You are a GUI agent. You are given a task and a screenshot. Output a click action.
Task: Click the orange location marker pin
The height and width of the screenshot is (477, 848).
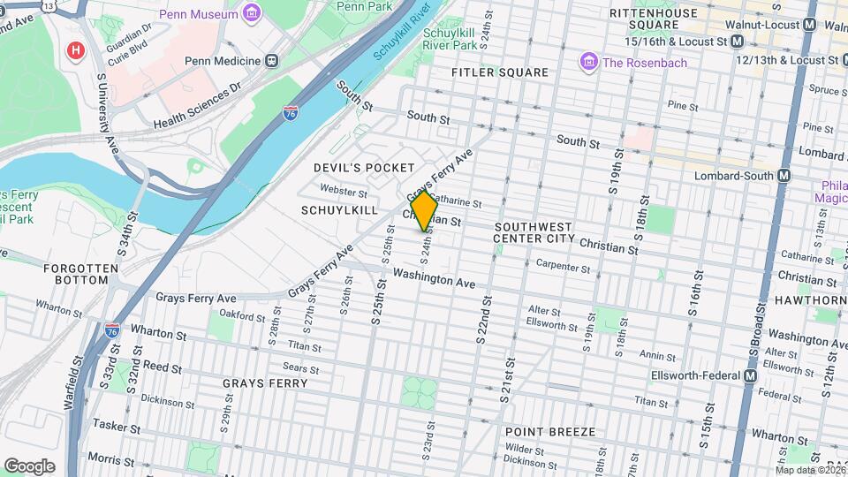(425, 211)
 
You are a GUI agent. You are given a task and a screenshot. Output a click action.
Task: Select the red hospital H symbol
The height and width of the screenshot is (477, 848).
(77, 50)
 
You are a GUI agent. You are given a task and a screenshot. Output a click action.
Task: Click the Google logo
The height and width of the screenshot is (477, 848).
(29, 466)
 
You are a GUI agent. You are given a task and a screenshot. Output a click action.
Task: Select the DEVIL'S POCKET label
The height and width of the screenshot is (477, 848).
(364, 168)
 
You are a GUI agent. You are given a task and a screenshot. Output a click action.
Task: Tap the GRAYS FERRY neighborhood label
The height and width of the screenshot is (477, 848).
(265, 383)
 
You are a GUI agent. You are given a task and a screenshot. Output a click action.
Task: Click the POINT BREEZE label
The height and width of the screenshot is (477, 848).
(549, 432)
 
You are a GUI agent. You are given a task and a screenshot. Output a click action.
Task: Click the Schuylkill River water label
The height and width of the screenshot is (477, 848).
(403, 32)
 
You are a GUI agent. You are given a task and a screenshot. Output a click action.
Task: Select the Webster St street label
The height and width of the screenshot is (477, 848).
(344, 191)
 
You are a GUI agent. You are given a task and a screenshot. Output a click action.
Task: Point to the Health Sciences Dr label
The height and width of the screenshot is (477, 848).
(197, 106)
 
